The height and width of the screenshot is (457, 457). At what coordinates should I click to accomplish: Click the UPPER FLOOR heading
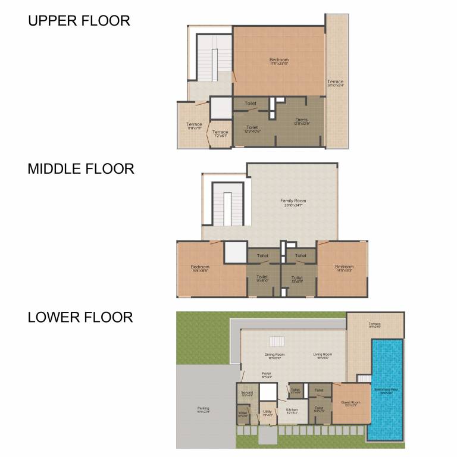click(x=79, y=21)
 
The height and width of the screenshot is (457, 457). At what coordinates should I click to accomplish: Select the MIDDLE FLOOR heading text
click(x=81, y=169)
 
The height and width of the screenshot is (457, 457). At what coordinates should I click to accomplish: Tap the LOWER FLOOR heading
click(x=80, y=317)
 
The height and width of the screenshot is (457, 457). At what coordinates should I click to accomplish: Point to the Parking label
click(x=203, y=409)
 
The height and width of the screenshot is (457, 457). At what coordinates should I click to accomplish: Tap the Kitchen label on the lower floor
click(x=292, y=410)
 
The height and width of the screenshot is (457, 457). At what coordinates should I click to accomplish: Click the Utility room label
click(x=267, y=411)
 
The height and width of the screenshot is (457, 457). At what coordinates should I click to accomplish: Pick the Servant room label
click(x=247, y=393)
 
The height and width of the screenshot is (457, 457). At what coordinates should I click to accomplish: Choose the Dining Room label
click(x=274, y=355)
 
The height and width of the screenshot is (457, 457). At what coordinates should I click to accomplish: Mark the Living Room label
click(x=323, y=355)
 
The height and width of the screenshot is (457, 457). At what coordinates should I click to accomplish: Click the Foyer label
click(x=266, y=374)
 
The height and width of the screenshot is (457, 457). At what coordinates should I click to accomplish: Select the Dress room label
click(x=301, y=120)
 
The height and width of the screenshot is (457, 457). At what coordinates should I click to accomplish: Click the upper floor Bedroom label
click(x=278, y=60)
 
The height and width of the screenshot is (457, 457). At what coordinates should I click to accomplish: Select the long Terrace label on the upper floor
click(x=335, y=82)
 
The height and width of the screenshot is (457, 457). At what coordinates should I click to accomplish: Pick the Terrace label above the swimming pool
click(x=374, y=324)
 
